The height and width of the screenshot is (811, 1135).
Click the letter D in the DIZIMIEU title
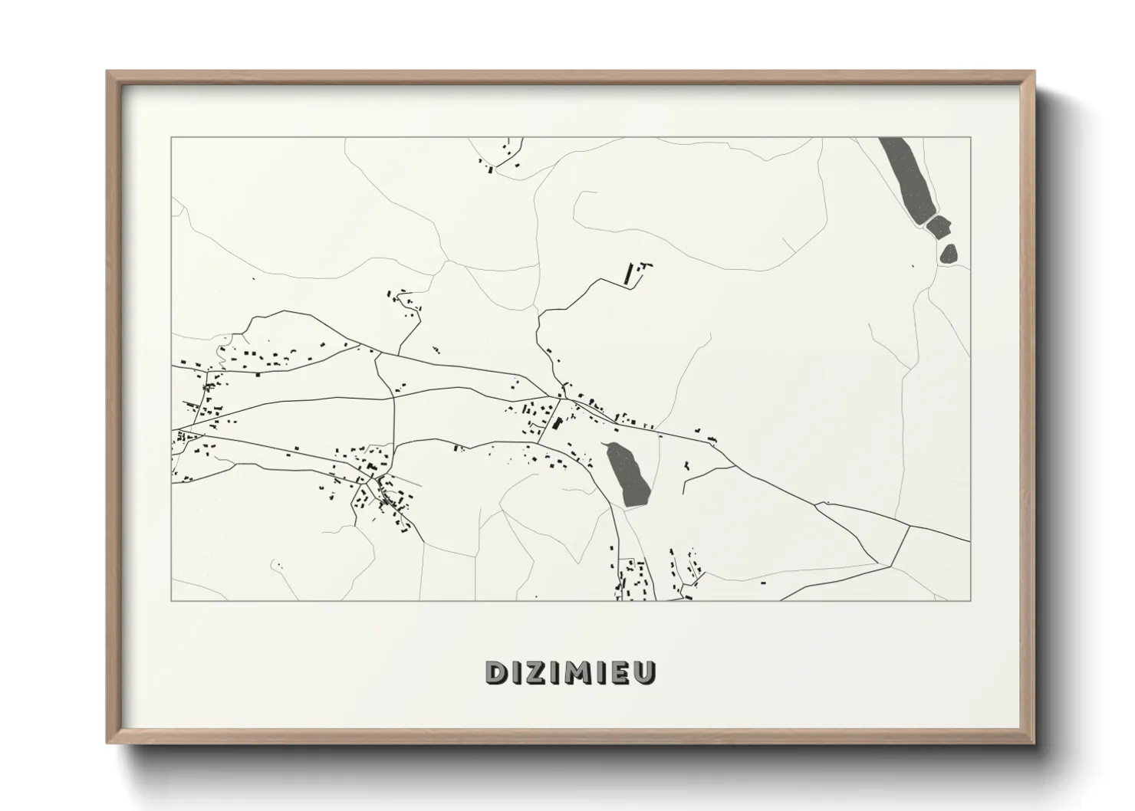click(495, 672)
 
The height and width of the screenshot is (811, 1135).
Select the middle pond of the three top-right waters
click(939, 226)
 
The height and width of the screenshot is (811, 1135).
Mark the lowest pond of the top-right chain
click(949, 253)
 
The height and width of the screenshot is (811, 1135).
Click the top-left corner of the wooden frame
click(108, 73)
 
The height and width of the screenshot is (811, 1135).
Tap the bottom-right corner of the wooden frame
click(1033, 742)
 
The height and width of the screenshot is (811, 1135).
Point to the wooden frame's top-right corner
click(1033, 73)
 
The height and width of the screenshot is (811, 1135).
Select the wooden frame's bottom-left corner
click(108, 742)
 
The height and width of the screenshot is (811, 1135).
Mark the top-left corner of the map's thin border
click(172, 138)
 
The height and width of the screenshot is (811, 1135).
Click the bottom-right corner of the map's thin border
click(970, 600)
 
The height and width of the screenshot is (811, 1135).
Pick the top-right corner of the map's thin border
click(970, 138)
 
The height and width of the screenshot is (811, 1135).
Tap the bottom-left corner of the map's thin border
click(172, 600)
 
